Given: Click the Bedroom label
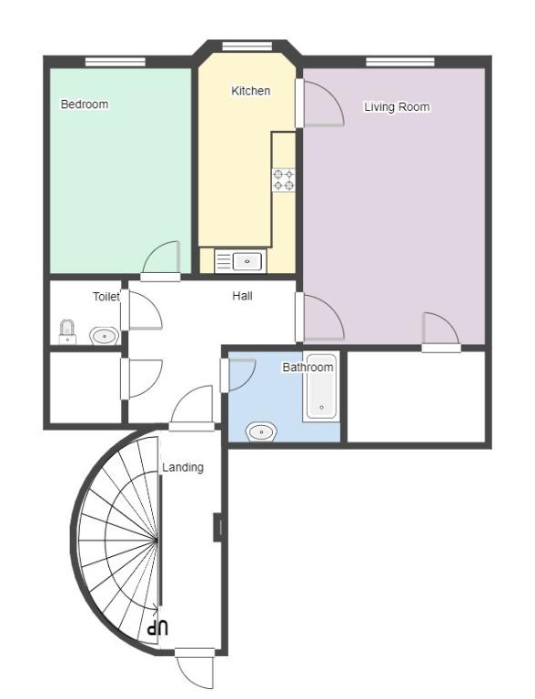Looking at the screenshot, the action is (85, 105).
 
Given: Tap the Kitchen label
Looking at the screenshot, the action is (250, 91).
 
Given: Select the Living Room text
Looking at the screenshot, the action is (397, 107).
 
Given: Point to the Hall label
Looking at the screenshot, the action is (242, 296).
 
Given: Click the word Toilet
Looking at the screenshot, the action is (106, 297).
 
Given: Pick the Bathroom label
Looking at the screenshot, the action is (308, 368).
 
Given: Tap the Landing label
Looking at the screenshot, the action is (183, 468).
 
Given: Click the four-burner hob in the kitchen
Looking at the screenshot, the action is (284, 180).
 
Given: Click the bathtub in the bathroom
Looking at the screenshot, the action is (321, 386).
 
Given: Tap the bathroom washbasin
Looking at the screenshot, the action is (262, 432).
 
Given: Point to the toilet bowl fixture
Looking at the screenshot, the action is (67, 332).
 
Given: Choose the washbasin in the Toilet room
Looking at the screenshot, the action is (105, 335).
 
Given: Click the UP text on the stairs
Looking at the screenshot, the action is (158, 629).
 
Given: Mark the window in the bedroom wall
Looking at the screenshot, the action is (116, 62).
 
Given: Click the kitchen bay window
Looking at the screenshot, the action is (247, 46).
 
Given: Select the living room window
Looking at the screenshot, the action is (400, 62).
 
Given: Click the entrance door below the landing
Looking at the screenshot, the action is (195, 668).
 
